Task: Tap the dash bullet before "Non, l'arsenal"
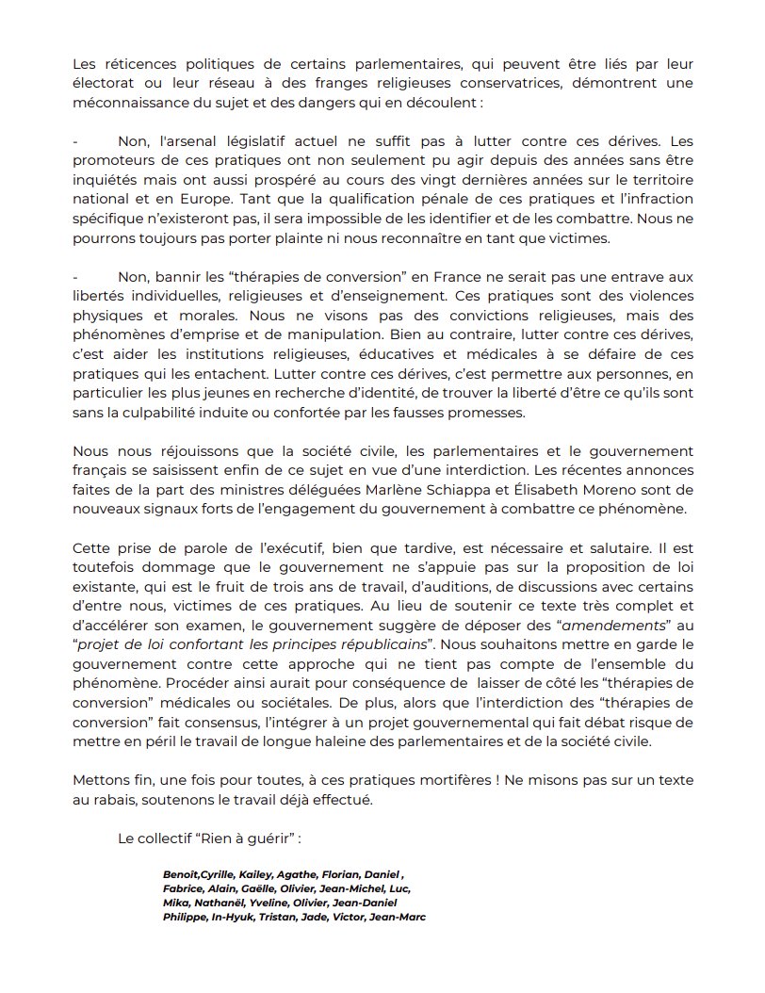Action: pos(74,140)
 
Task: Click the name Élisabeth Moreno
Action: pos(598,492)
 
